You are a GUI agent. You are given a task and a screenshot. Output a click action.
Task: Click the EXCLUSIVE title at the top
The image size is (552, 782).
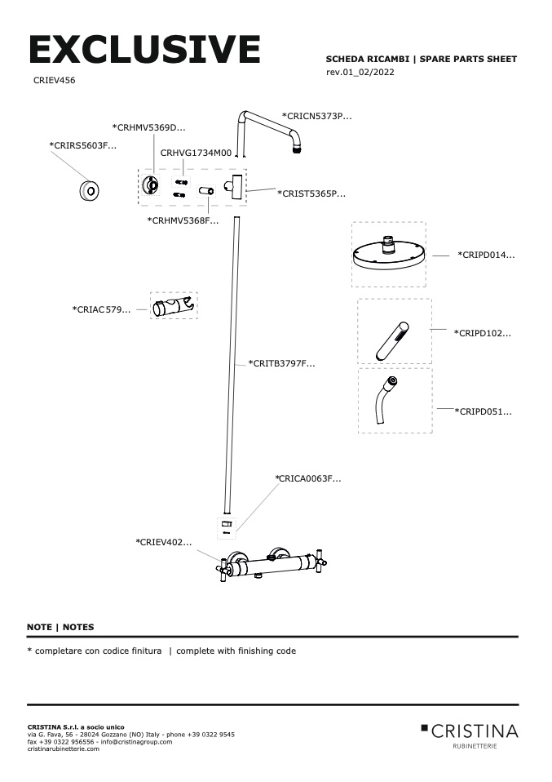click(x=144, y=51)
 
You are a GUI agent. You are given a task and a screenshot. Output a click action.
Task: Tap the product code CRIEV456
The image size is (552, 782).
click(x=55, y=82)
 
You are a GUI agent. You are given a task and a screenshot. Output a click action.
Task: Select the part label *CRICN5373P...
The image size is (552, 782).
click(x=316, y=117)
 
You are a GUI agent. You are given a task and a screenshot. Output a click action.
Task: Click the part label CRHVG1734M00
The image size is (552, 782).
click(x=196, y=153)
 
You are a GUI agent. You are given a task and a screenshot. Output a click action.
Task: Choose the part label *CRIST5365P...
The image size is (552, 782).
click(x=311, y=193)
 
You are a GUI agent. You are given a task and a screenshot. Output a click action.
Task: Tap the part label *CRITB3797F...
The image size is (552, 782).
click(x=281, y=363)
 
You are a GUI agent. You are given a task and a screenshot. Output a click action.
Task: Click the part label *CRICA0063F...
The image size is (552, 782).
click(x=307, y=478)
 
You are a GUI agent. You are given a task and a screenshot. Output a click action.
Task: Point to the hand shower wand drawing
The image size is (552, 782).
click(x=391, y=341)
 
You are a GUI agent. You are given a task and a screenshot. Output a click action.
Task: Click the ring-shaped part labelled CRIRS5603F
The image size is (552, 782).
click(x=89, y=191)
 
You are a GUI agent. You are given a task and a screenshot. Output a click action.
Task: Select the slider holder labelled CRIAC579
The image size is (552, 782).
click(x=174, y=307)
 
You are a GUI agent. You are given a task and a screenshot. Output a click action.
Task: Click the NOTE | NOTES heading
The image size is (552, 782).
click(x=60, y=627)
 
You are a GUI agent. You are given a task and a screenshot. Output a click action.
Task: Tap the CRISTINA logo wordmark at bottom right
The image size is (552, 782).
click(x=475, y=730)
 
